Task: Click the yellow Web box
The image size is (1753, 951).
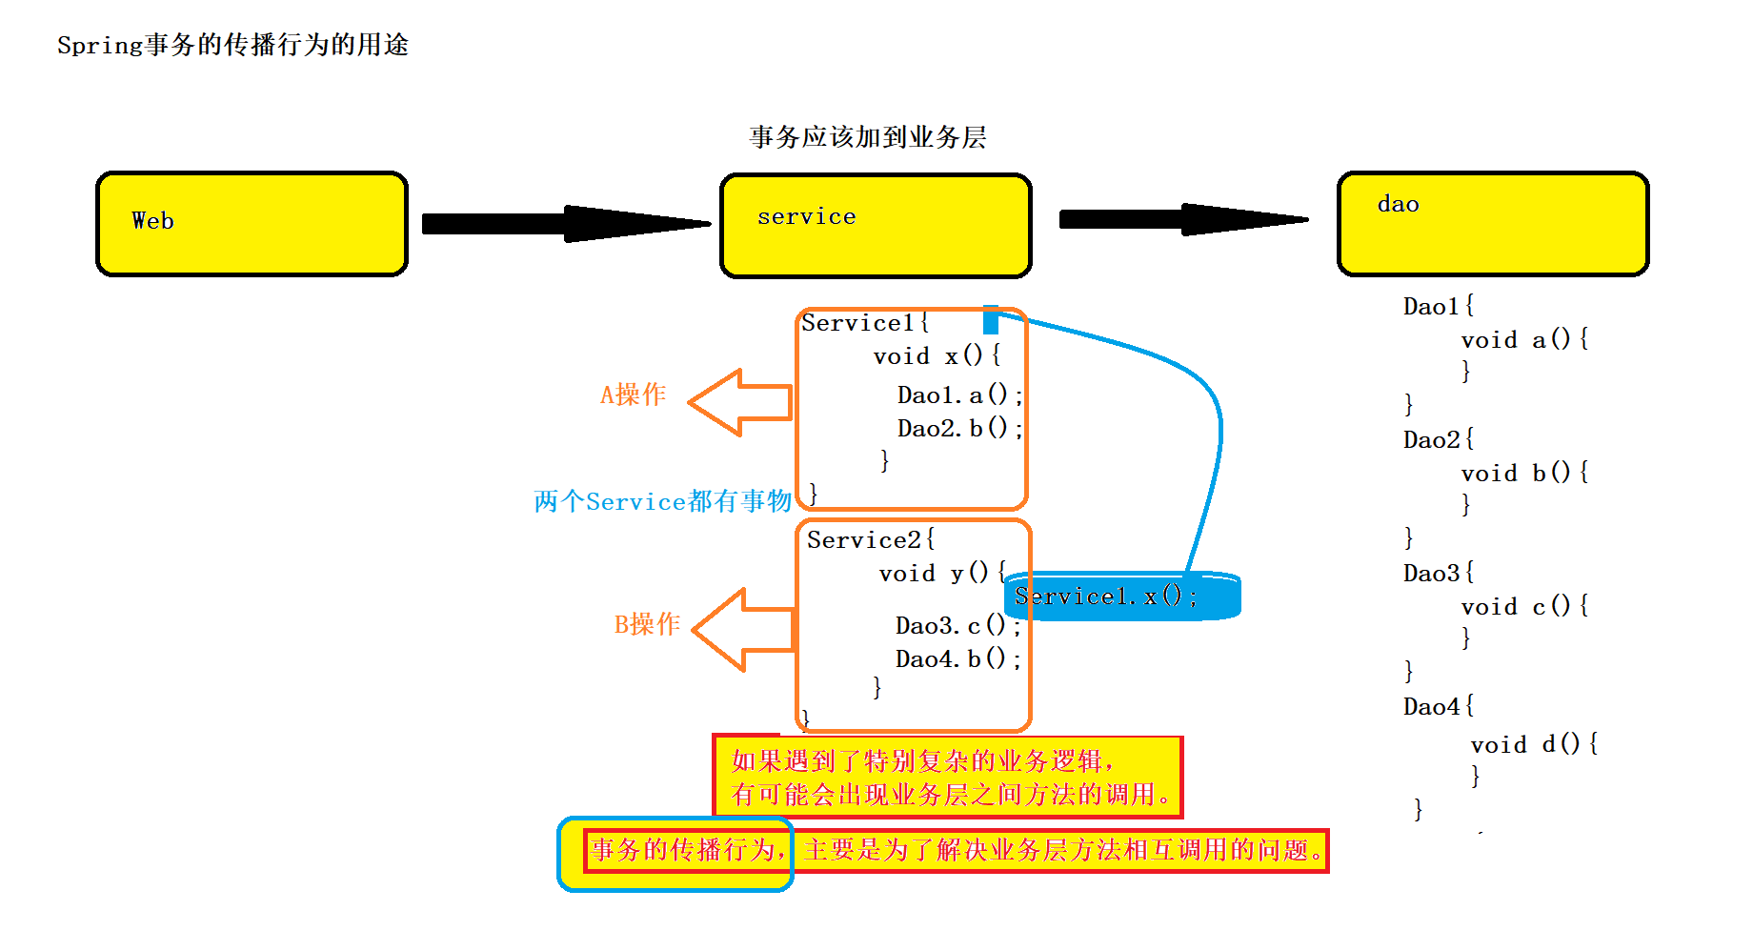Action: point(252,224)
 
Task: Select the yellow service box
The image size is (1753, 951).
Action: point(876,226)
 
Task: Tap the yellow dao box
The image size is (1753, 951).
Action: point(1493,224)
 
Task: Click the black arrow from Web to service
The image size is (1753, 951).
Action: point(566,224)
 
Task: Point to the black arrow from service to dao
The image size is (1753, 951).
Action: point(1183,219)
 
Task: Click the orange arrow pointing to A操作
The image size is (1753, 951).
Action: point(741,402)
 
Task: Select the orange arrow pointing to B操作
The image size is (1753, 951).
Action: point(745,629)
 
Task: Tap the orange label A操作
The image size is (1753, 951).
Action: point(633,395)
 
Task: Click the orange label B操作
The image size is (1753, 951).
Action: point(647,624)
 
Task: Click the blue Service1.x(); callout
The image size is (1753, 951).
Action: point(1121,597)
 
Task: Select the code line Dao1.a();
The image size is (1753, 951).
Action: point(959,395)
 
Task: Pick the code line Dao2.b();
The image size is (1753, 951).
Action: point(959,429)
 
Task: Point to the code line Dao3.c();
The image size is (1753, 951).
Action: point(957,626)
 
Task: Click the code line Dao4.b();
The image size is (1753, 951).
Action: point(957,659)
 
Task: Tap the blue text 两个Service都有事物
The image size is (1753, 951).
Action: point(662,501)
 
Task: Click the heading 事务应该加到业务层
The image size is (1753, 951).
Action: point(867,137)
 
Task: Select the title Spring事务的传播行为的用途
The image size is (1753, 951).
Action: point(232,45)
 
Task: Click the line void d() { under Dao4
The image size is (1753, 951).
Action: point(1534,744)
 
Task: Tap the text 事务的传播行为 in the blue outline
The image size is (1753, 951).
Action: point(686,849)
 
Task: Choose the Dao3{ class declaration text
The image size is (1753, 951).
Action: point(1439,574)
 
